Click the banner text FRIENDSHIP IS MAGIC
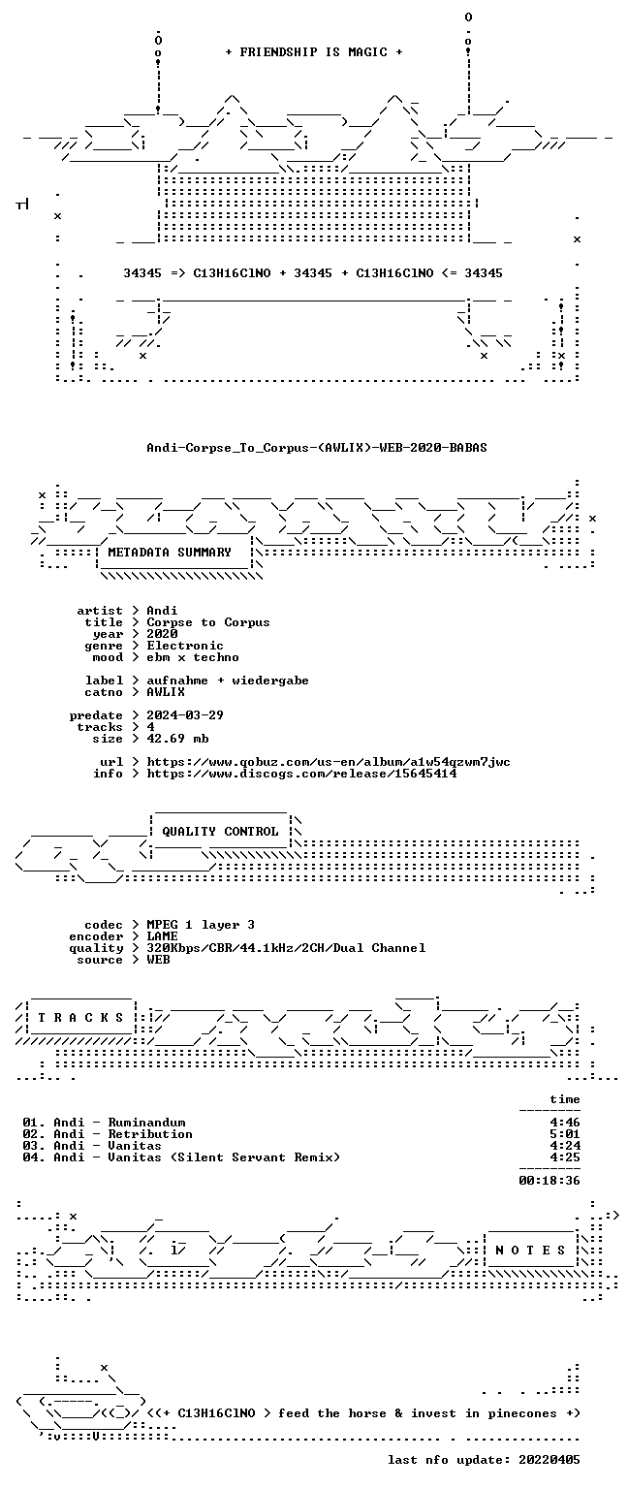point(314,51)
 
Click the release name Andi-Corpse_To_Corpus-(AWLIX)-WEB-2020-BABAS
point(317,447)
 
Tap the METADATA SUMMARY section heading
point(170,552)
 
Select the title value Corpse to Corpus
point(208,622)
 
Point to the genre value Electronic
point(185,646)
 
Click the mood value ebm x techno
point(193,656)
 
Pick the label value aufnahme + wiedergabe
point(228,680)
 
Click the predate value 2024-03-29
point(185,715)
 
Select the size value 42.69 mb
point(177,739)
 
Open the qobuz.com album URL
point(329,762)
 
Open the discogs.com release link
point(301,773)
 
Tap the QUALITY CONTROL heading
point(221,831)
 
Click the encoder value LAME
point(162,935)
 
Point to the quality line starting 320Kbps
point(287,948)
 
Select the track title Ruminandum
point(147,1122)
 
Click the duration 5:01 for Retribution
point(565,1134)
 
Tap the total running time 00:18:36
point(549,1181)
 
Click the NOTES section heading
point(530,1250)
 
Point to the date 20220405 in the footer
point(549,1460)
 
